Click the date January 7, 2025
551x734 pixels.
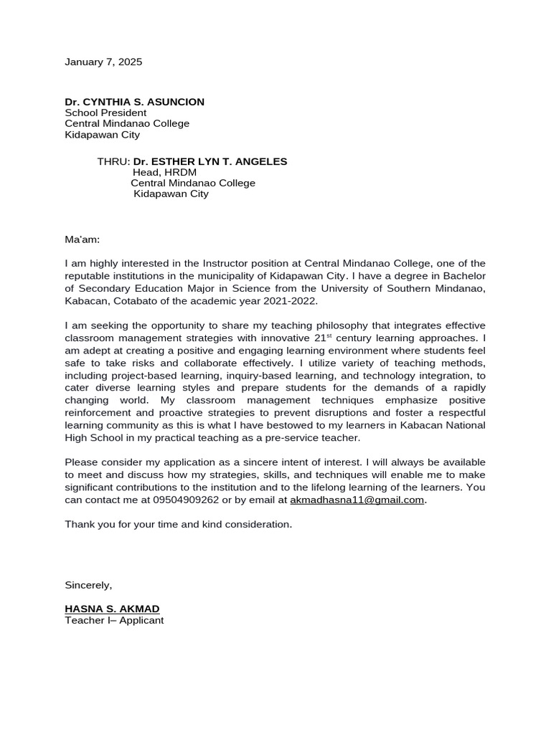[x=103, y=62]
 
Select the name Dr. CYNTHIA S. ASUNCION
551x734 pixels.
[x=134, y=102]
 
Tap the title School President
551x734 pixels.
[x=105, y=113]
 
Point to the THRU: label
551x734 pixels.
[x=113, y=161]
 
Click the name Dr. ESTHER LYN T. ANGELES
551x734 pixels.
[x=209, y=161]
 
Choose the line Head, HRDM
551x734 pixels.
[x=164, y=172]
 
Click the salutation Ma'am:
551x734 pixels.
[x=83, y=239]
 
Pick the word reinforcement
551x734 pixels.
[x=102, y=413]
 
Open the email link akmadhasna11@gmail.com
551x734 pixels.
[x=357, y=500]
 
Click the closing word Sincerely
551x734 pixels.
[x=88, y=585]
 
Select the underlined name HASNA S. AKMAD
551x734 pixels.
[x=112, y=609]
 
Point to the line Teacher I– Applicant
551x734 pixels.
[x=114, y=620]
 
